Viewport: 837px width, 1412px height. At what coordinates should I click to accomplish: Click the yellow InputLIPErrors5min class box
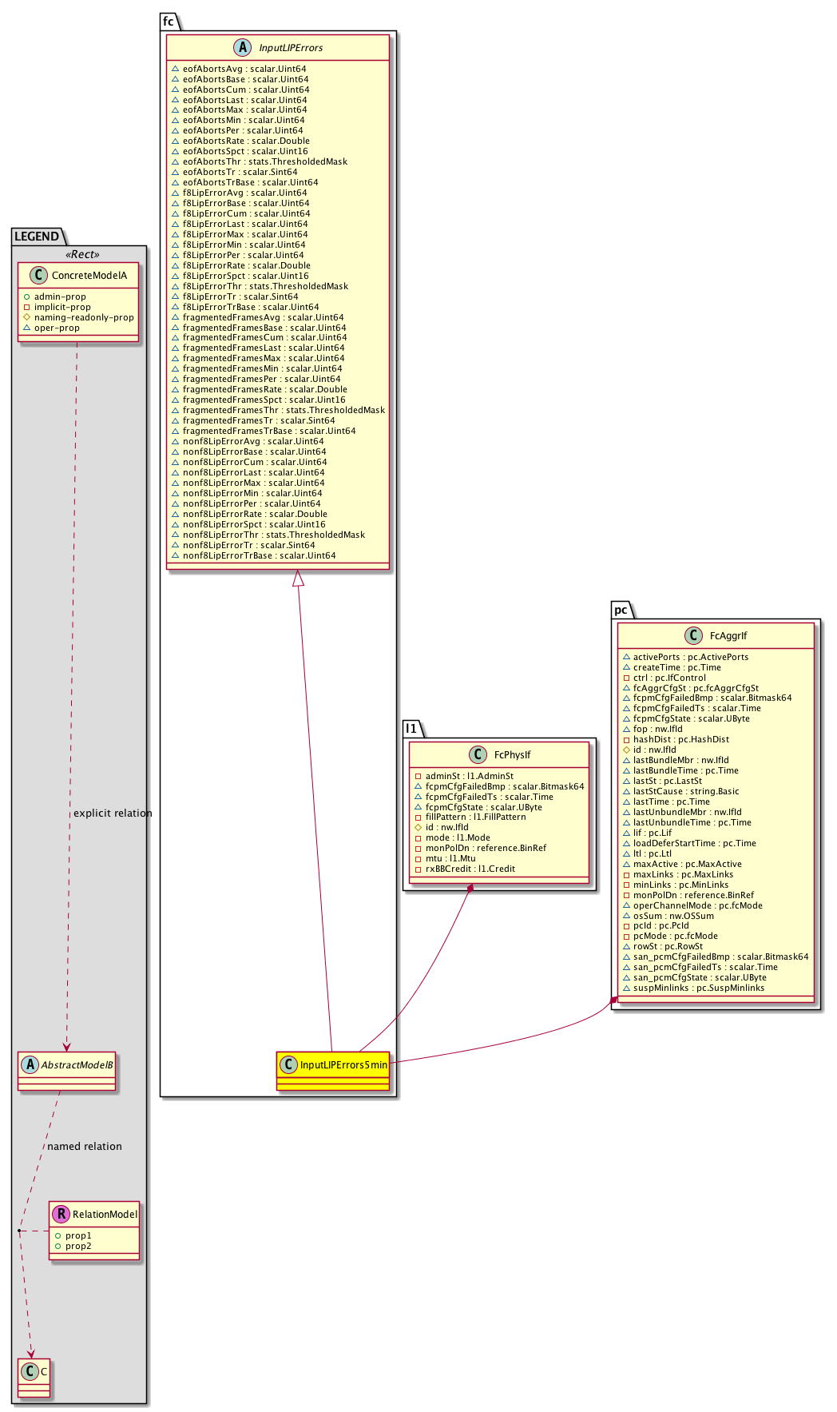pos(333,1070)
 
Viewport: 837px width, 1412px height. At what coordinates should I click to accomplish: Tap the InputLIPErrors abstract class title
pos(291,48)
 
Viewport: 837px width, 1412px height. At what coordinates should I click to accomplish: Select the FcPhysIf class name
pos(512,755)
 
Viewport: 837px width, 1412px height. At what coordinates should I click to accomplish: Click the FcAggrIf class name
pos(728,636)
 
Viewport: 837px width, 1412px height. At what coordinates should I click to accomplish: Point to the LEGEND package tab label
pos(37,237)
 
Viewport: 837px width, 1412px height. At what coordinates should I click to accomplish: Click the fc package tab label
pos(169,22)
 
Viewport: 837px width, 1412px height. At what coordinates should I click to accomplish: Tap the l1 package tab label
pos(411,728)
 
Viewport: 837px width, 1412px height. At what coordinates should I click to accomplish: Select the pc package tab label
pos(621,610)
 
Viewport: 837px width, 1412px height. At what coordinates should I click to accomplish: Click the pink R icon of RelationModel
pos(61,1214)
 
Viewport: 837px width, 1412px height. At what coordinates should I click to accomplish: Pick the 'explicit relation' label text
pos(113,813)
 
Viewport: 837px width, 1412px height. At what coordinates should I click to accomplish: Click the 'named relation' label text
pos(85,1147)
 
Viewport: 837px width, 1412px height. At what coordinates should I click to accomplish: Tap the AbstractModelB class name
pos(76,1064)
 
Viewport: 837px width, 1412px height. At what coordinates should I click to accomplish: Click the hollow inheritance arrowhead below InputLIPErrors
pos(298,578)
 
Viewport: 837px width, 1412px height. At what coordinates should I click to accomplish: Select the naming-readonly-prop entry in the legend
pos(84,317)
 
